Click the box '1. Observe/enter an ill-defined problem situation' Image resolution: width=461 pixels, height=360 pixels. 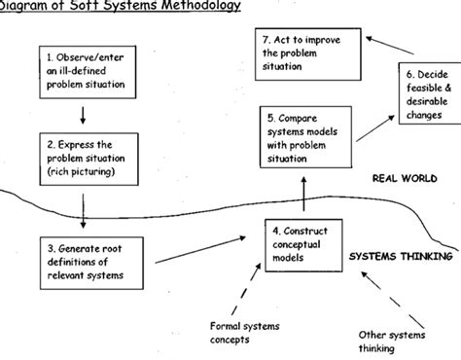[85, 74]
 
